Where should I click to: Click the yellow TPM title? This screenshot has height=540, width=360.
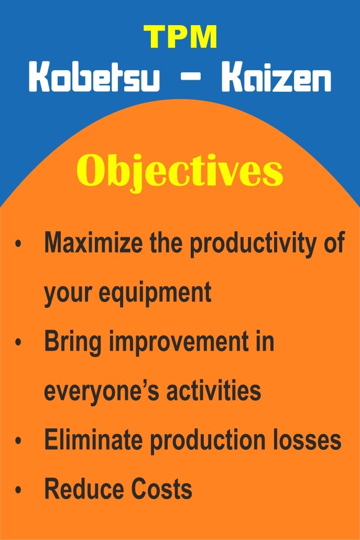click(x=180, y=37)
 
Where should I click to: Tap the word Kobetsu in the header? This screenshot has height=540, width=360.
click(x=94, y=77)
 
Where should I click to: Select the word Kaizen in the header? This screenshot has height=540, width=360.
click(x=276, y=77)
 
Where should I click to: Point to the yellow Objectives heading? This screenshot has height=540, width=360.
click(x=180, y=171)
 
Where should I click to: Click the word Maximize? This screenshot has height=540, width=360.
click(x=93, y=242)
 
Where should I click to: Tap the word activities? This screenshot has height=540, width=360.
click(x=214, y=390)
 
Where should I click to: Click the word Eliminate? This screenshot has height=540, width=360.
click(x=93, y=439)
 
